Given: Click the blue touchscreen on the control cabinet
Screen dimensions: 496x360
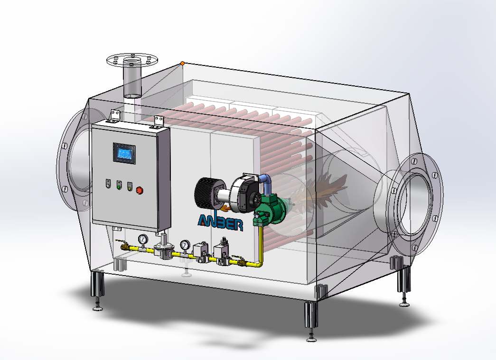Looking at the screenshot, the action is point(124,154).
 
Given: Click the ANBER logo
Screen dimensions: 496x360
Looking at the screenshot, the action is point(221,222).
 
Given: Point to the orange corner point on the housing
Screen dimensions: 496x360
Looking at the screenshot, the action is point(183,64).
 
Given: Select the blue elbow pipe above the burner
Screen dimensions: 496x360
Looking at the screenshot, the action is point(265,182).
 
